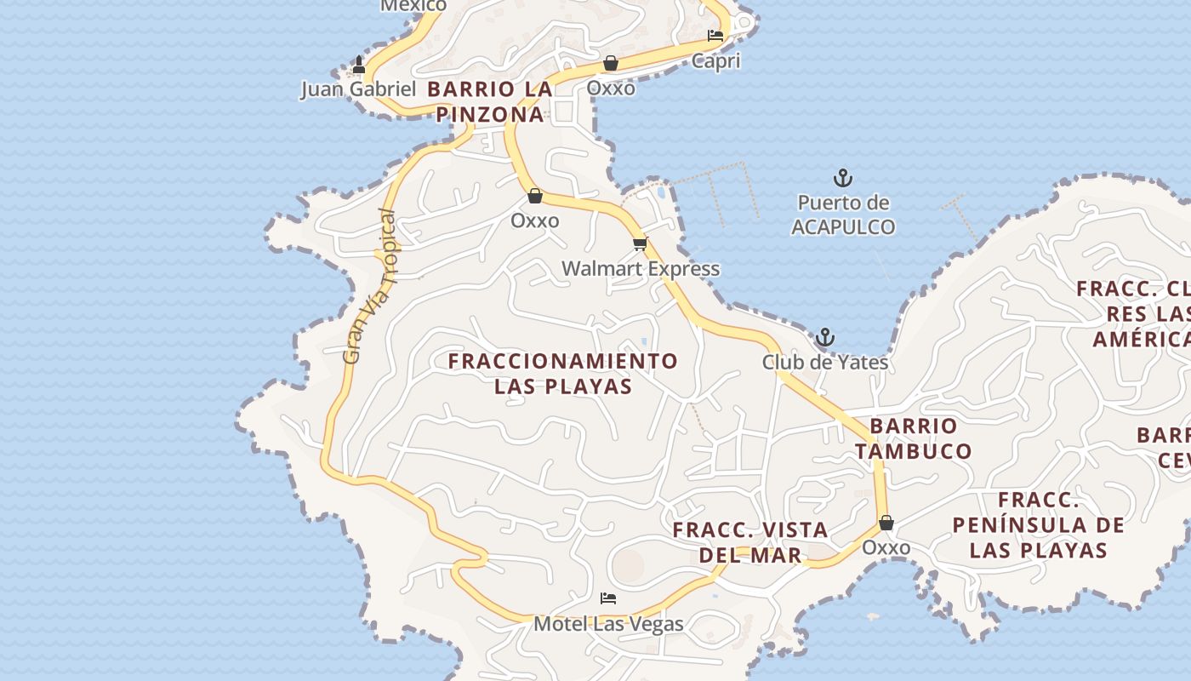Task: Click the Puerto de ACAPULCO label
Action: coord(843,215)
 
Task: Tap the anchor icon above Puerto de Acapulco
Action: coord(842,179)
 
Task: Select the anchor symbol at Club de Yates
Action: coord(824,338)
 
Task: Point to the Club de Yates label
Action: coord(824,363)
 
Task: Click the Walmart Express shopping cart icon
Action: coord(640,244)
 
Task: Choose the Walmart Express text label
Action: coord(640,269)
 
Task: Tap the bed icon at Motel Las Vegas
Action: coord(608,598)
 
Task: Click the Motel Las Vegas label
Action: coord(608,624)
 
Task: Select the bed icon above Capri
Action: coord(715,36)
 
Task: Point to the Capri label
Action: coord(715,61)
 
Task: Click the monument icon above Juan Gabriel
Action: coord(359,65)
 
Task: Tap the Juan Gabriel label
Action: coord(358,89)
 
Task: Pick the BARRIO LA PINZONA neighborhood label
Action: coord(490,101)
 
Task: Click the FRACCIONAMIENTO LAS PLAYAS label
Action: coord(563,374)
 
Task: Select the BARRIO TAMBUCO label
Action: coord(914,438)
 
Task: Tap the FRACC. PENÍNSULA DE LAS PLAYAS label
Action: coord(1039,524)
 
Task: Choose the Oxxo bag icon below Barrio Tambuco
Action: coord(886,523)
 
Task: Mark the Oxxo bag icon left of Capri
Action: coord(611,63)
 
